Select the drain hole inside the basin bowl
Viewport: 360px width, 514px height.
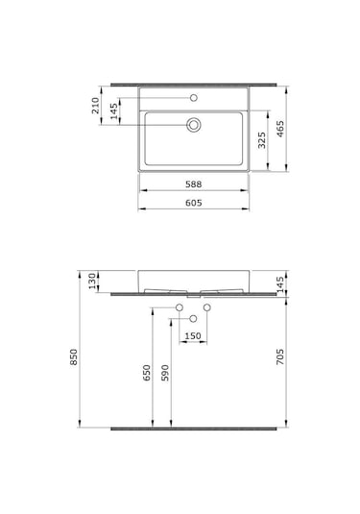194,123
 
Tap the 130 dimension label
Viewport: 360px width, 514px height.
93,281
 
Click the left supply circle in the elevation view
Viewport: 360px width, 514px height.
180,307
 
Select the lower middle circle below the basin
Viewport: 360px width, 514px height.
194,318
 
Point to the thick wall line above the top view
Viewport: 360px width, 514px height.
195,83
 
